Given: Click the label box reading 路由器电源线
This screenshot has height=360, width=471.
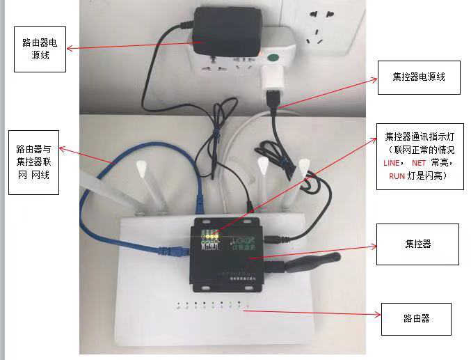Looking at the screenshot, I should point(40,49).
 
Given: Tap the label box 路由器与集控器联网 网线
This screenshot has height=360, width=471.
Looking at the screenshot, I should point(33,162).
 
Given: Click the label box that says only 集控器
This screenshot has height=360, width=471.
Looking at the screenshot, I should point(417,244).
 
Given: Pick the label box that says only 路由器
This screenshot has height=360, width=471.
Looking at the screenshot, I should point(416,318).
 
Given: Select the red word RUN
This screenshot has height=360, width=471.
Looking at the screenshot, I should point(397,176).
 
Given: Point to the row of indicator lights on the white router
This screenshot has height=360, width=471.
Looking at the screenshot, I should point(212,304).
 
